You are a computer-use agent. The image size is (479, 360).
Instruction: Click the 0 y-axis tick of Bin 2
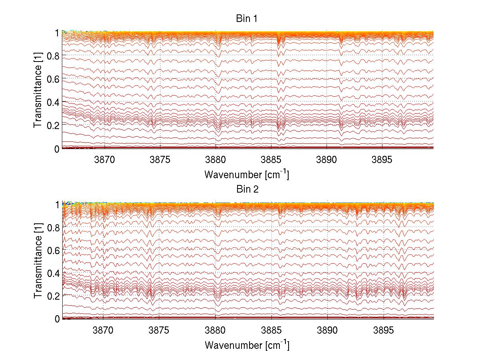point(57,319)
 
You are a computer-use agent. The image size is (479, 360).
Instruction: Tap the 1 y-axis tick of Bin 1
point(57,33)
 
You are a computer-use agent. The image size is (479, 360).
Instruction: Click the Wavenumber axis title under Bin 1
point(247,174)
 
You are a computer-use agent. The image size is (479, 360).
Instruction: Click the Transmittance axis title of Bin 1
point(38,91)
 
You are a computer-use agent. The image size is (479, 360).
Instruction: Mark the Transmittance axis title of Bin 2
point(38,261)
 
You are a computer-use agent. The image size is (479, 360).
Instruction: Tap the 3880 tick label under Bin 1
point(215,160)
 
